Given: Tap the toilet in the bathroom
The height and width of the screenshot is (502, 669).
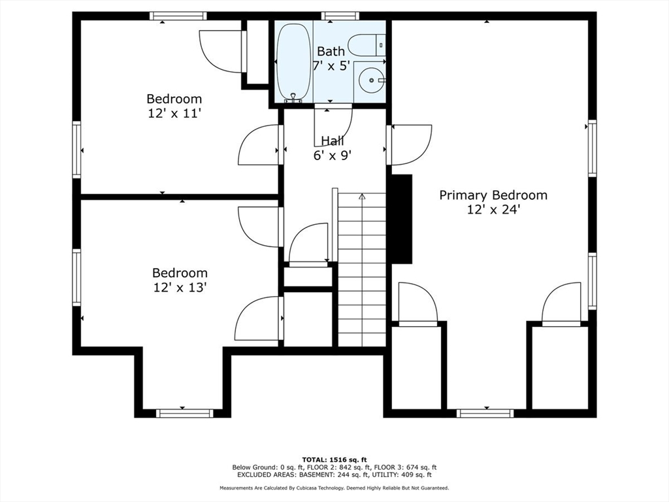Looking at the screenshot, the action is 367,44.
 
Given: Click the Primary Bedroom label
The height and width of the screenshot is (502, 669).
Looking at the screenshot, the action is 493,195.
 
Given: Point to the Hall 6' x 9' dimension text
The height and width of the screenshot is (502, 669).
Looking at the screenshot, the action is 333,156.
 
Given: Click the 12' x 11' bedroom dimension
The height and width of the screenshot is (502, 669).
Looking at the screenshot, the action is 174,114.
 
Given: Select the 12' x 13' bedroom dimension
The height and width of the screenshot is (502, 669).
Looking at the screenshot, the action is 180,288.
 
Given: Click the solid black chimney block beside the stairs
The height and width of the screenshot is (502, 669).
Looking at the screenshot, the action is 401,218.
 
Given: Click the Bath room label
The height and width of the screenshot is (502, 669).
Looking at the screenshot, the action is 331,52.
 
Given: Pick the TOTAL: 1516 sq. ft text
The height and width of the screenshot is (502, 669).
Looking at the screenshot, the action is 334,460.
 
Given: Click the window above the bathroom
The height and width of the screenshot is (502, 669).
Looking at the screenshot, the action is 340,16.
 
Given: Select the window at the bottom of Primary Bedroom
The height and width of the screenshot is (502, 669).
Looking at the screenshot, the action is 485,413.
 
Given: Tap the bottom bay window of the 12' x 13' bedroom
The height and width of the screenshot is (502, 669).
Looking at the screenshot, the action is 184,413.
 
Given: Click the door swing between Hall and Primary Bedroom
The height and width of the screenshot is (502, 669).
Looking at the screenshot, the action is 410,144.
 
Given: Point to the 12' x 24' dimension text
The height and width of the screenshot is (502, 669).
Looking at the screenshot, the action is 493,210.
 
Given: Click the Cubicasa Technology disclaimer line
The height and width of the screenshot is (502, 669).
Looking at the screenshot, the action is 334,488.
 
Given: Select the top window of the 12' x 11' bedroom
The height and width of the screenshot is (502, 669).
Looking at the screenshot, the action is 178,16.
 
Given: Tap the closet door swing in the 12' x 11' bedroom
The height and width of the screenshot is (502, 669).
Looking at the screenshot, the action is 222,51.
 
